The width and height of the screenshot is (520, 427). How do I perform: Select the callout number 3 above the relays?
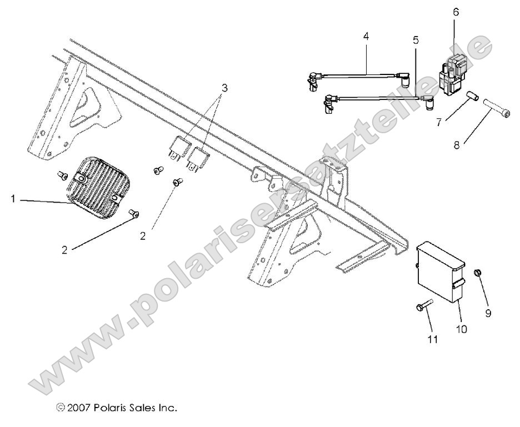[224, 88]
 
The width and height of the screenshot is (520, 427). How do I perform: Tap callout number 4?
[366, 36]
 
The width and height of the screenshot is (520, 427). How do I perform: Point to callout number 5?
[416, 41]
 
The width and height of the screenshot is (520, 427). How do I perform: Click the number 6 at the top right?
[456, 12]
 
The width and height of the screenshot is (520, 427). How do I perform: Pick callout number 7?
[439, 122]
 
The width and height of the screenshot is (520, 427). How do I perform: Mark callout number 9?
[488, 314]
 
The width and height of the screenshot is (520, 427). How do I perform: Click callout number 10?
[461, 329]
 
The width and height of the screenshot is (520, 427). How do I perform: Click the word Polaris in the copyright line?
[113, 408]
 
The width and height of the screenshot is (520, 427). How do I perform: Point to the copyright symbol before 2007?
[61, 408]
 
